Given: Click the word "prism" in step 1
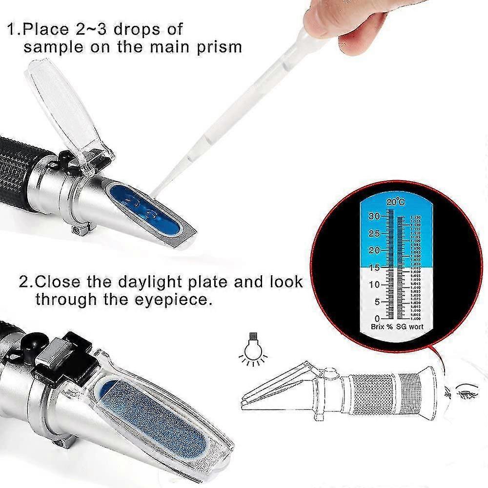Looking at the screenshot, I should tap(217, 47).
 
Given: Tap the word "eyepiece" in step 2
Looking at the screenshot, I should tap(175, 299).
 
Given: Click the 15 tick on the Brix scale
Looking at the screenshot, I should tap(375, 267).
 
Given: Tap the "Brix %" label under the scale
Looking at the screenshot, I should tap(381, 326).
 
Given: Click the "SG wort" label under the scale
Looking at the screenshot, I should tap(409, 326).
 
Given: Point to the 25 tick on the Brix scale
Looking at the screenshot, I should tap(375, 234).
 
